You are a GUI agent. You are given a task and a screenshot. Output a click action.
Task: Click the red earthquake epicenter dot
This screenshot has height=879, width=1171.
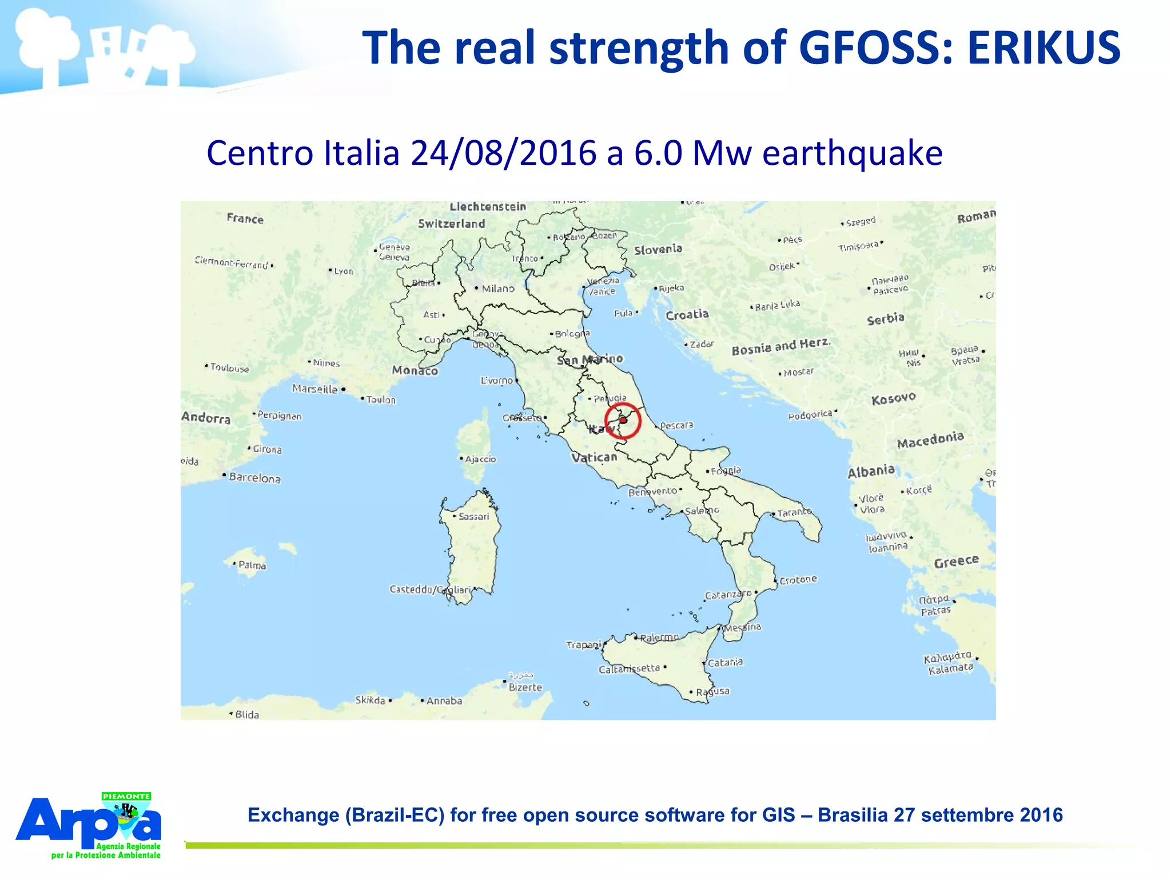click(x=623, y=420)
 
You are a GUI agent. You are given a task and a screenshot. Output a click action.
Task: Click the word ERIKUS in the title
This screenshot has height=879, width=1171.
click(x=1043, y=48)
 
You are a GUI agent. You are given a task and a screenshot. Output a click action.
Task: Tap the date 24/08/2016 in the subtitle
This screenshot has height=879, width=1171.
click(x=504, y=153)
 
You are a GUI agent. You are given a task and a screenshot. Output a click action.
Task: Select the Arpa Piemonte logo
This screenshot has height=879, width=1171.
click(x=89, y=825)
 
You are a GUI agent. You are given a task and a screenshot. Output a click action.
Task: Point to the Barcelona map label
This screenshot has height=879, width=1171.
click(x=254, y=478)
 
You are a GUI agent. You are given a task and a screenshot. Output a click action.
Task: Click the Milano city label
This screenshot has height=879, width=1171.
click(x=497, y=289)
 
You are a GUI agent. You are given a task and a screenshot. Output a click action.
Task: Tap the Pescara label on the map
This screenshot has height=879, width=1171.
click(x=676, y=425)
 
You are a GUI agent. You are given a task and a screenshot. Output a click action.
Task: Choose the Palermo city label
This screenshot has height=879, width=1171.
click(x=659, y=638)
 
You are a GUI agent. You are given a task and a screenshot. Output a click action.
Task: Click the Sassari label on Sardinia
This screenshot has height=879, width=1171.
click(x=473, y=517)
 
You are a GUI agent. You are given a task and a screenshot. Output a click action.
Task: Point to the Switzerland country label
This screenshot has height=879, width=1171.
click(x=451, y=224)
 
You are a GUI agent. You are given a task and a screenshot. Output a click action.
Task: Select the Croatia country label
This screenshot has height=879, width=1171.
click(x=687, y=315)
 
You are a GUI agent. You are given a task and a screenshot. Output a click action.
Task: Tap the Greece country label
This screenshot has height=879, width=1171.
click(x=956, y=562)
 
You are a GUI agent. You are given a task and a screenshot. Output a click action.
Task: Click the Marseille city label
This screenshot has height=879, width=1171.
click(x=314, y=389)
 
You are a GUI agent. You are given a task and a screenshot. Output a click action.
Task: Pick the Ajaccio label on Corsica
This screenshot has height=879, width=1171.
click(x=480, y=459)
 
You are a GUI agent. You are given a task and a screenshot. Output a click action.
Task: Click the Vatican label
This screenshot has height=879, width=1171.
click(x=594, y=457)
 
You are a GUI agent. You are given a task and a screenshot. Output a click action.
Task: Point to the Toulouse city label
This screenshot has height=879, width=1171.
click(x=229, y=367)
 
